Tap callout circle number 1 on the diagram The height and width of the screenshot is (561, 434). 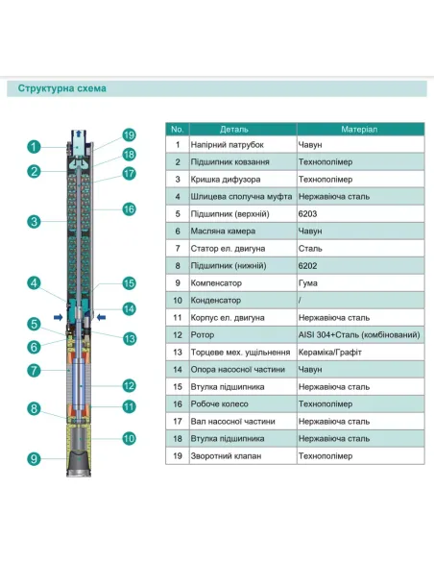[33, 147]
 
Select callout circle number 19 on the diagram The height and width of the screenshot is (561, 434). [129, 134]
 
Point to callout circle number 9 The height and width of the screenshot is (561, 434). [33, 459]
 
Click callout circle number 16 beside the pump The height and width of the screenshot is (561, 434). [129, 208]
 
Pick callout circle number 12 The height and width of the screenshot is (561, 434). [129, 385]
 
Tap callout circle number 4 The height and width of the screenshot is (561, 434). [33, 283]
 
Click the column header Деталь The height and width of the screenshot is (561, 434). [235, 128]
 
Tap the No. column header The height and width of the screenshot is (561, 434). [177, 128]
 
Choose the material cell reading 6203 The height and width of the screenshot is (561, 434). [308, 213]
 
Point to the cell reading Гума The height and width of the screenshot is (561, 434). [309, 282]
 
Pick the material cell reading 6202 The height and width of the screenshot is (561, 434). [308, 265]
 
